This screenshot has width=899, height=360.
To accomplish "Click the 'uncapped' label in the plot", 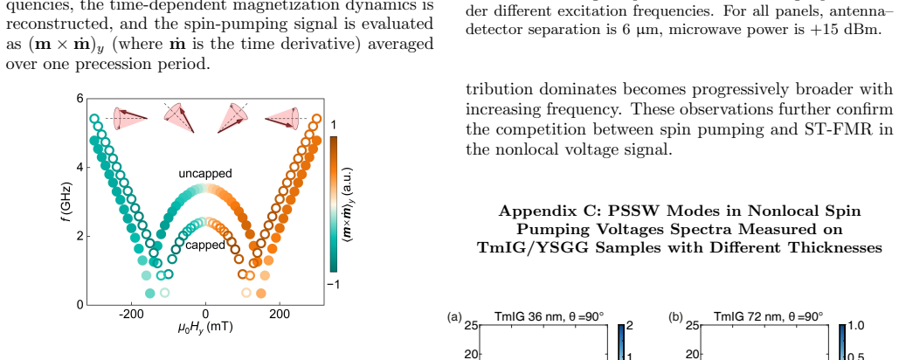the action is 204,174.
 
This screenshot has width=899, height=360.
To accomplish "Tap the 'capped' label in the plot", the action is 204,246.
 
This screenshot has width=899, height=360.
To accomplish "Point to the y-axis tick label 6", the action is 80,99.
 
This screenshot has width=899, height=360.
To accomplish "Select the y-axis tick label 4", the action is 80,168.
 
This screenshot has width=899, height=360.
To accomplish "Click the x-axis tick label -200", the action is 130,315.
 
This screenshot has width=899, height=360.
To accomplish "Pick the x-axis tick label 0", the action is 205,315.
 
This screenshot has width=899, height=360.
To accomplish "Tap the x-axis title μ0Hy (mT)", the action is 204,328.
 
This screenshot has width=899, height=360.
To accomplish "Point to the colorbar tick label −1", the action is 332,284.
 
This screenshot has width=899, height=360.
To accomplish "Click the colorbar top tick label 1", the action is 334,125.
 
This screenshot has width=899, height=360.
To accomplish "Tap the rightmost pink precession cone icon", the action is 282,117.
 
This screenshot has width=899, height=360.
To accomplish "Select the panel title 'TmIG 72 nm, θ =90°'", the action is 768,315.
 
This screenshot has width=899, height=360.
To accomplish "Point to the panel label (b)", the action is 675,316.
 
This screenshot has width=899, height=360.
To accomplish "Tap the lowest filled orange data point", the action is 261,294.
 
